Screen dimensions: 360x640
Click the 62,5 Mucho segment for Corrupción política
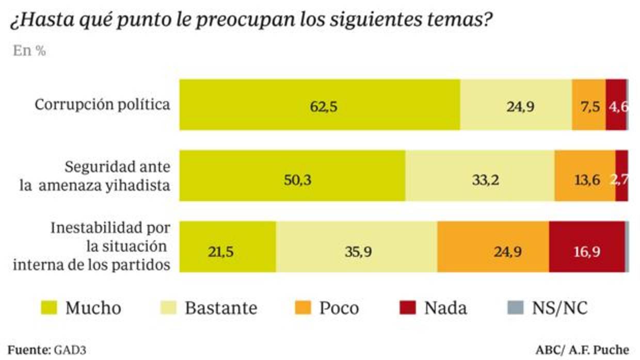click(319, 105)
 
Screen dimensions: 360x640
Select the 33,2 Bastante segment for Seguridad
click(479, 176)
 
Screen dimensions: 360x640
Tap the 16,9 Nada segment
click(586, 247)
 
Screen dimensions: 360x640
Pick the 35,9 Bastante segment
click(356, 247)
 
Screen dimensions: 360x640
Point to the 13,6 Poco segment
click(585, 176)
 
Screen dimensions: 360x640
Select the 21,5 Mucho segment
click(227, 247)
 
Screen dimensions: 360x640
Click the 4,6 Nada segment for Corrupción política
click(616, 105)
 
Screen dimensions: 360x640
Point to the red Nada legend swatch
click(407, 308)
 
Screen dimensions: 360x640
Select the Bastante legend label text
click(221, 308)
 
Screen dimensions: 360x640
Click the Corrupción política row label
click(102, 105)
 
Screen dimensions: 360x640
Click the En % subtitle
click(29, 52)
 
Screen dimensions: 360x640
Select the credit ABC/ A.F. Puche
click(582, 350)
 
